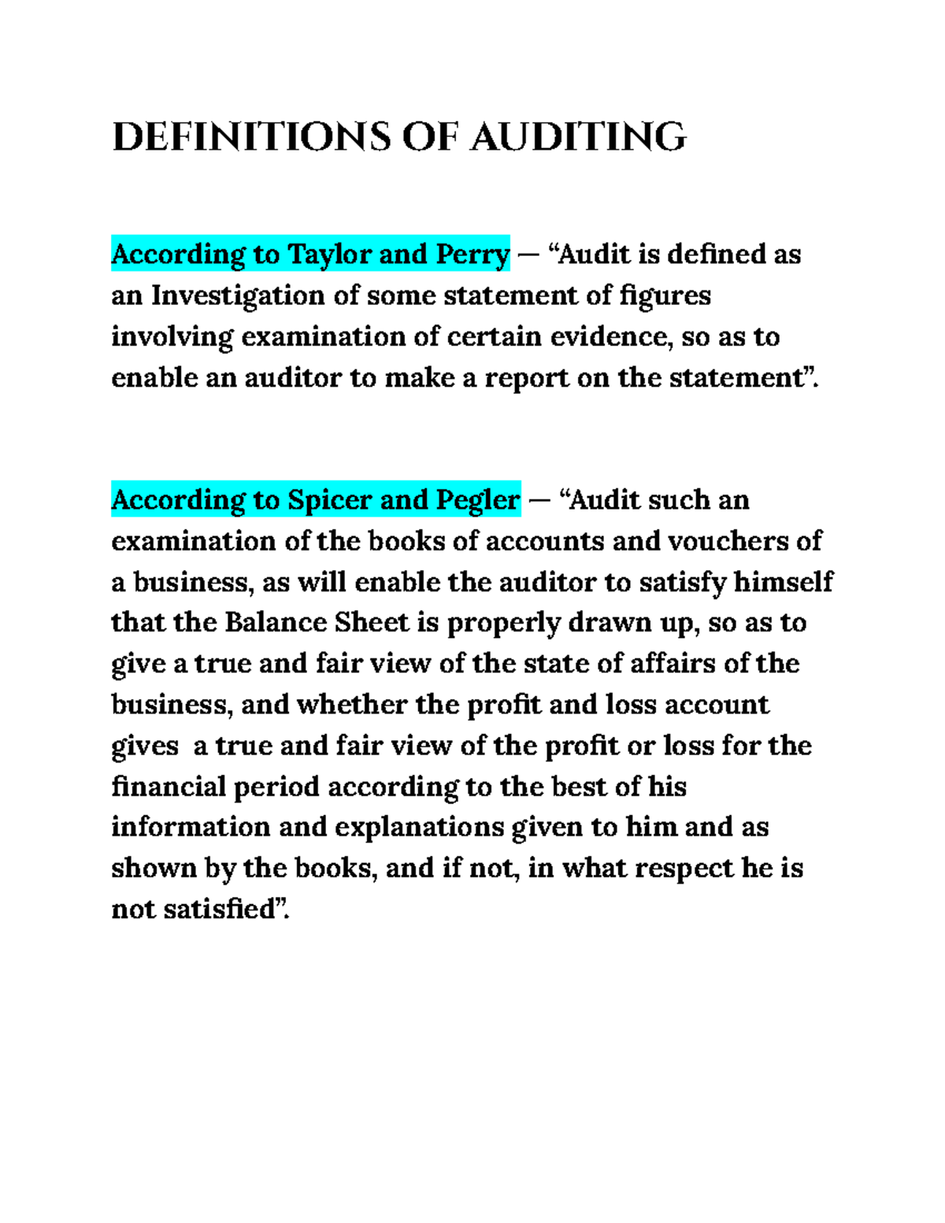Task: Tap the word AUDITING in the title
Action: [579, 137]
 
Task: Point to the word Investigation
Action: [237, 295]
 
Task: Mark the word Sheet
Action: [372, 622]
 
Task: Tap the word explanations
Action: [420, 827]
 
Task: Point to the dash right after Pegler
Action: [539, 501]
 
